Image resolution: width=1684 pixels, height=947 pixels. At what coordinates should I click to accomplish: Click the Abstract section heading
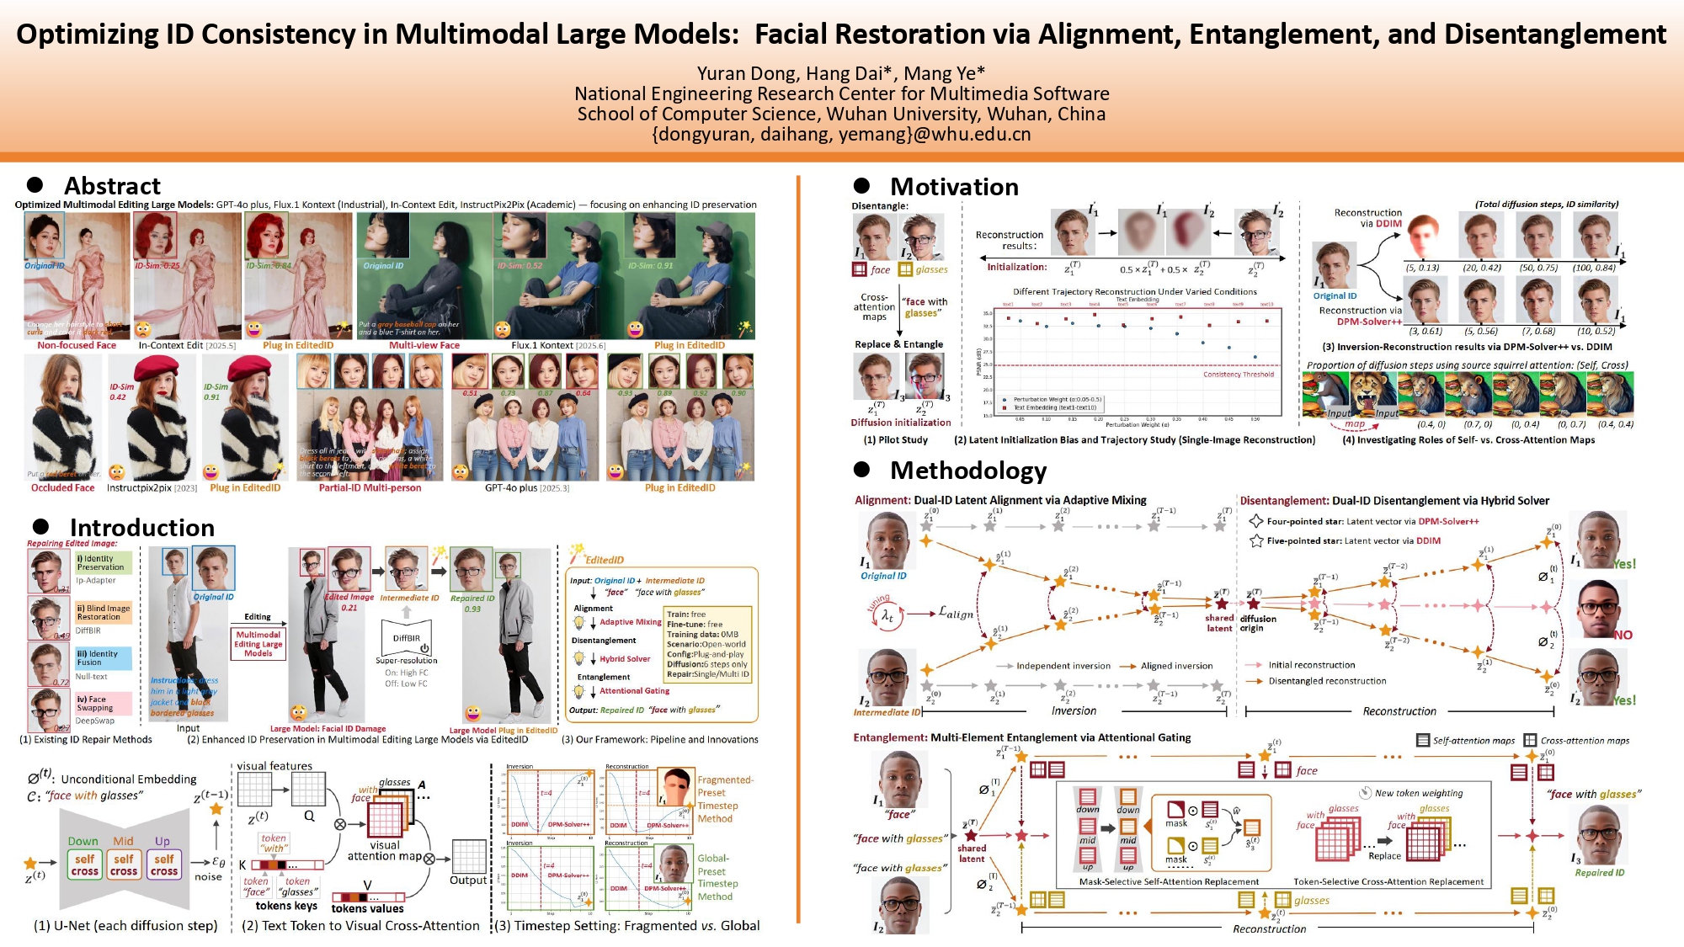[x=112, y=186]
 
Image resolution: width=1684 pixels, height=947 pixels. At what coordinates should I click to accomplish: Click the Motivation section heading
[x=954, y=187]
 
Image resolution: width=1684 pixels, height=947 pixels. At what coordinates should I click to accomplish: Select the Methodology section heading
[x=968, y=471]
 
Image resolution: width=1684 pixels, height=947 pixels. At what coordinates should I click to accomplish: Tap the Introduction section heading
[x=141, y=528]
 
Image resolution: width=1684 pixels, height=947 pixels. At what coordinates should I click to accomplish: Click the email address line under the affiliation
[x=841, y=134]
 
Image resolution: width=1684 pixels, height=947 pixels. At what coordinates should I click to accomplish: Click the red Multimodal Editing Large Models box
[x=258, y=644]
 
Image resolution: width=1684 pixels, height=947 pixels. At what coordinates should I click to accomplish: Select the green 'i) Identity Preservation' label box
[x=104, y=562]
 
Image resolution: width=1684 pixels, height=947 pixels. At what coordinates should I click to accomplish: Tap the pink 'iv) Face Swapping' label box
[x=104, y=703]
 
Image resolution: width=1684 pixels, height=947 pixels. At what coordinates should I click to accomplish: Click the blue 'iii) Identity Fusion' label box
[x=104, y=657]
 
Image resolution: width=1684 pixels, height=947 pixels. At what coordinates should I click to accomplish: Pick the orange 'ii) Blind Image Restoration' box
[x=104, y=612]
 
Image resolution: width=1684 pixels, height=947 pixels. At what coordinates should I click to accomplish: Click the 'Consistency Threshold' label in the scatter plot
[x=1238, y=375]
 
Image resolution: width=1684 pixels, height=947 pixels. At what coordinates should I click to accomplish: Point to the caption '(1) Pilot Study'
[x=895, y=440]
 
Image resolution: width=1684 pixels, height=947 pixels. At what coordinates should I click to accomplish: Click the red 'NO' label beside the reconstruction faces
[x=1623, y=636]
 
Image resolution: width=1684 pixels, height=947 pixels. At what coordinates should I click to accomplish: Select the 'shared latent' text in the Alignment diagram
[x=1219, y=623]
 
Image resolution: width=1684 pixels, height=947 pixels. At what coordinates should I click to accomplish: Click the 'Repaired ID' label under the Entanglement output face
[x=1600, y=873]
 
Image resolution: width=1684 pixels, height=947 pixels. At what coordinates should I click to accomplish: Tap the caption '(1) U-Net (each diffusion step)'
[x=125, y=926]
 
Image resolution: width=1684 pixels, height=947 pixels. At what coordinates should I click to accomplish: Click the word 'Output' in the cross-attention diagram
[x=468, y=880]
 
